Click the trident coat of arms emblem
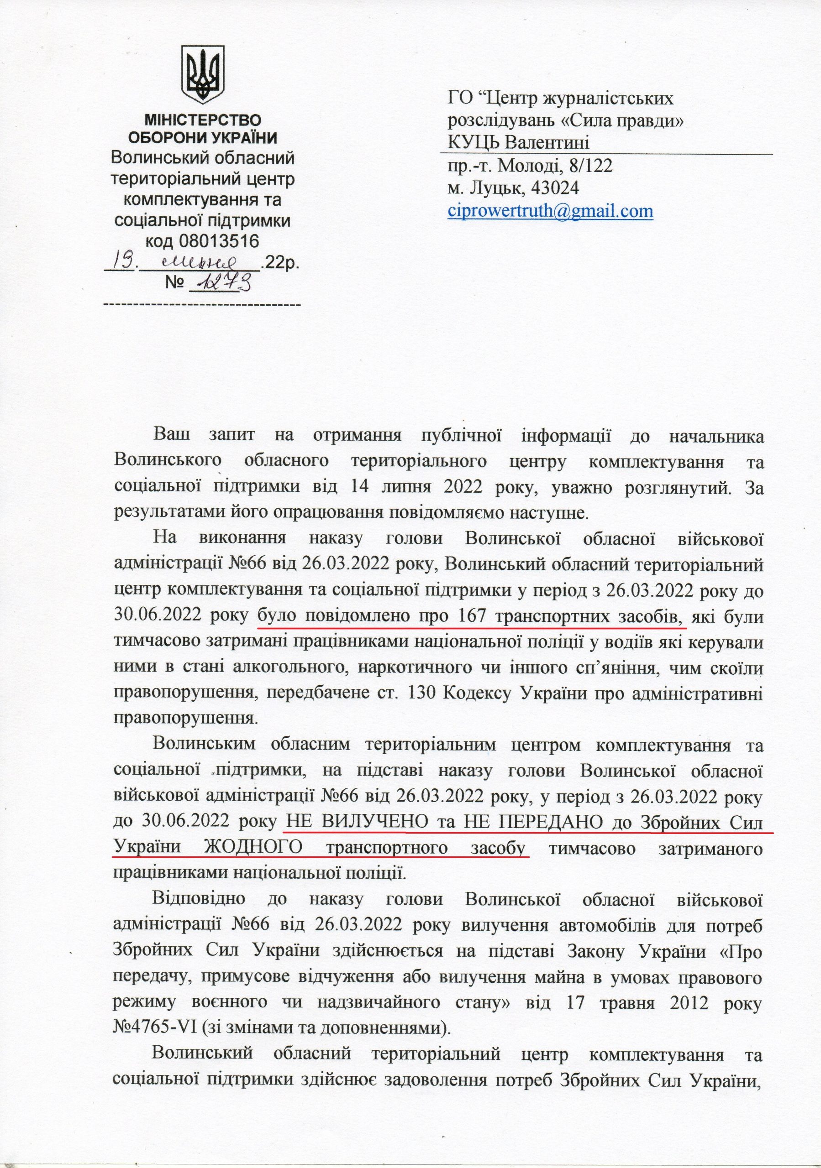pos(204,72)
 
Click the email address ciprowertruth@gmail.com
pos(550,211)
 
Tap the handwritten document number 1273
pos(222,280)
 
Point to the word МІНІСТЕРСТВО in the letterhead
pos(203,120)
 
